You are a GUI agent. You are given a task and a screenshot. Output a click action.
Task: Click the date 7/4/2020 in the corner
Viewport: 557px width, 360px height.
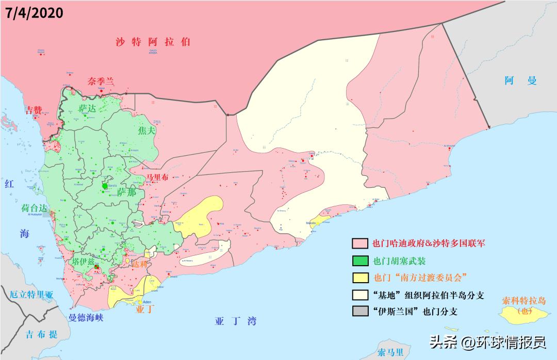pos(34,12)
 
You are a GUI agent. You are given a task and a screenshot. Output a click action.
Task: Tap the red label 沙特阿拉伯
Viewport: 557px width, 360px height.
pos(153,42)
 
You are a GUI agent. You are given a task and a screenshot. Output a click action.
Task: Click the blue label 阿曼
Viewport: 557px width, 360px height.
pos(521,80)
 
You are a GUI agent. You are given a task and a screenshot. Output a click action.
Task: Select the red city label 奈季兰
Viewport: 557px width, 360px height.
pos(101,81)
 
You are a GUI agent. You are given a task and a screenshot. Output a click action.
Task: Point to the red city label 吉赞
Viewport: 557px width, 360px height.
pos(35,110)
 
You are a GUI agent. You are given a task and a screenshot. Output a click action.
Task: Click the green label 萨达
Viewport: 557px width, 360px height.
pos(87,108)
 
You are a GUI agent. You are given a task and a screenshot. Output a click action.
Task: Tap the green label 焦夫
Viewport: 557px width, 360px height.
pos(146,131)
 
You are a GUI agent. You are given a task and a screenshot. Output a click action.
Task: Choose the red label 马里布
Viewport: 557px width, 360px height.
pos(157,177)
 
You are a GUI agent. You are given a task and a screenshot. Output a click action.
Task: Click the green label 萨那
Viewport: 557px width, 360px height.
pos(127,192)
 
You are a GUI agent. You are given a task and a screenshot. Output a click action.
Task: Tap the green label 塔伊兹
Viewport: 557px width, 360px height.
pos(84,261)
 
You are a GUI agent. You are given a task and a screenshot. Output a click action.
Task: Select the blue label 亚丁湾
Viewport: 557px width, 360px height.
pos(236,321)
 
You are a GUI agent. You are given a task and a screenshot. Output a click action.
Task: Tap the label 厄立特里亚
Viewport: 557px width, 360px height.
pos(31,295)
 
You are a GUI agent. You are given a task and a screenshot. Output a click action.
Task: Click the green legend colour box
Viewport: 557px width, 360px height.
pos(359,260)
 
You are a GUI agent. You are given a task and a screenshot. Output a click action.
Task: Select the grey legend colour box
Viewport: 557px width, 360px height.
pos(359,311)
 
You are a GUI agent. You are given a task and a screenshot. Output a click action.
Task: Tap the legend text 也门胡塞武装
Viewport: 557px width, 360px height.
pos(399,260)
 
